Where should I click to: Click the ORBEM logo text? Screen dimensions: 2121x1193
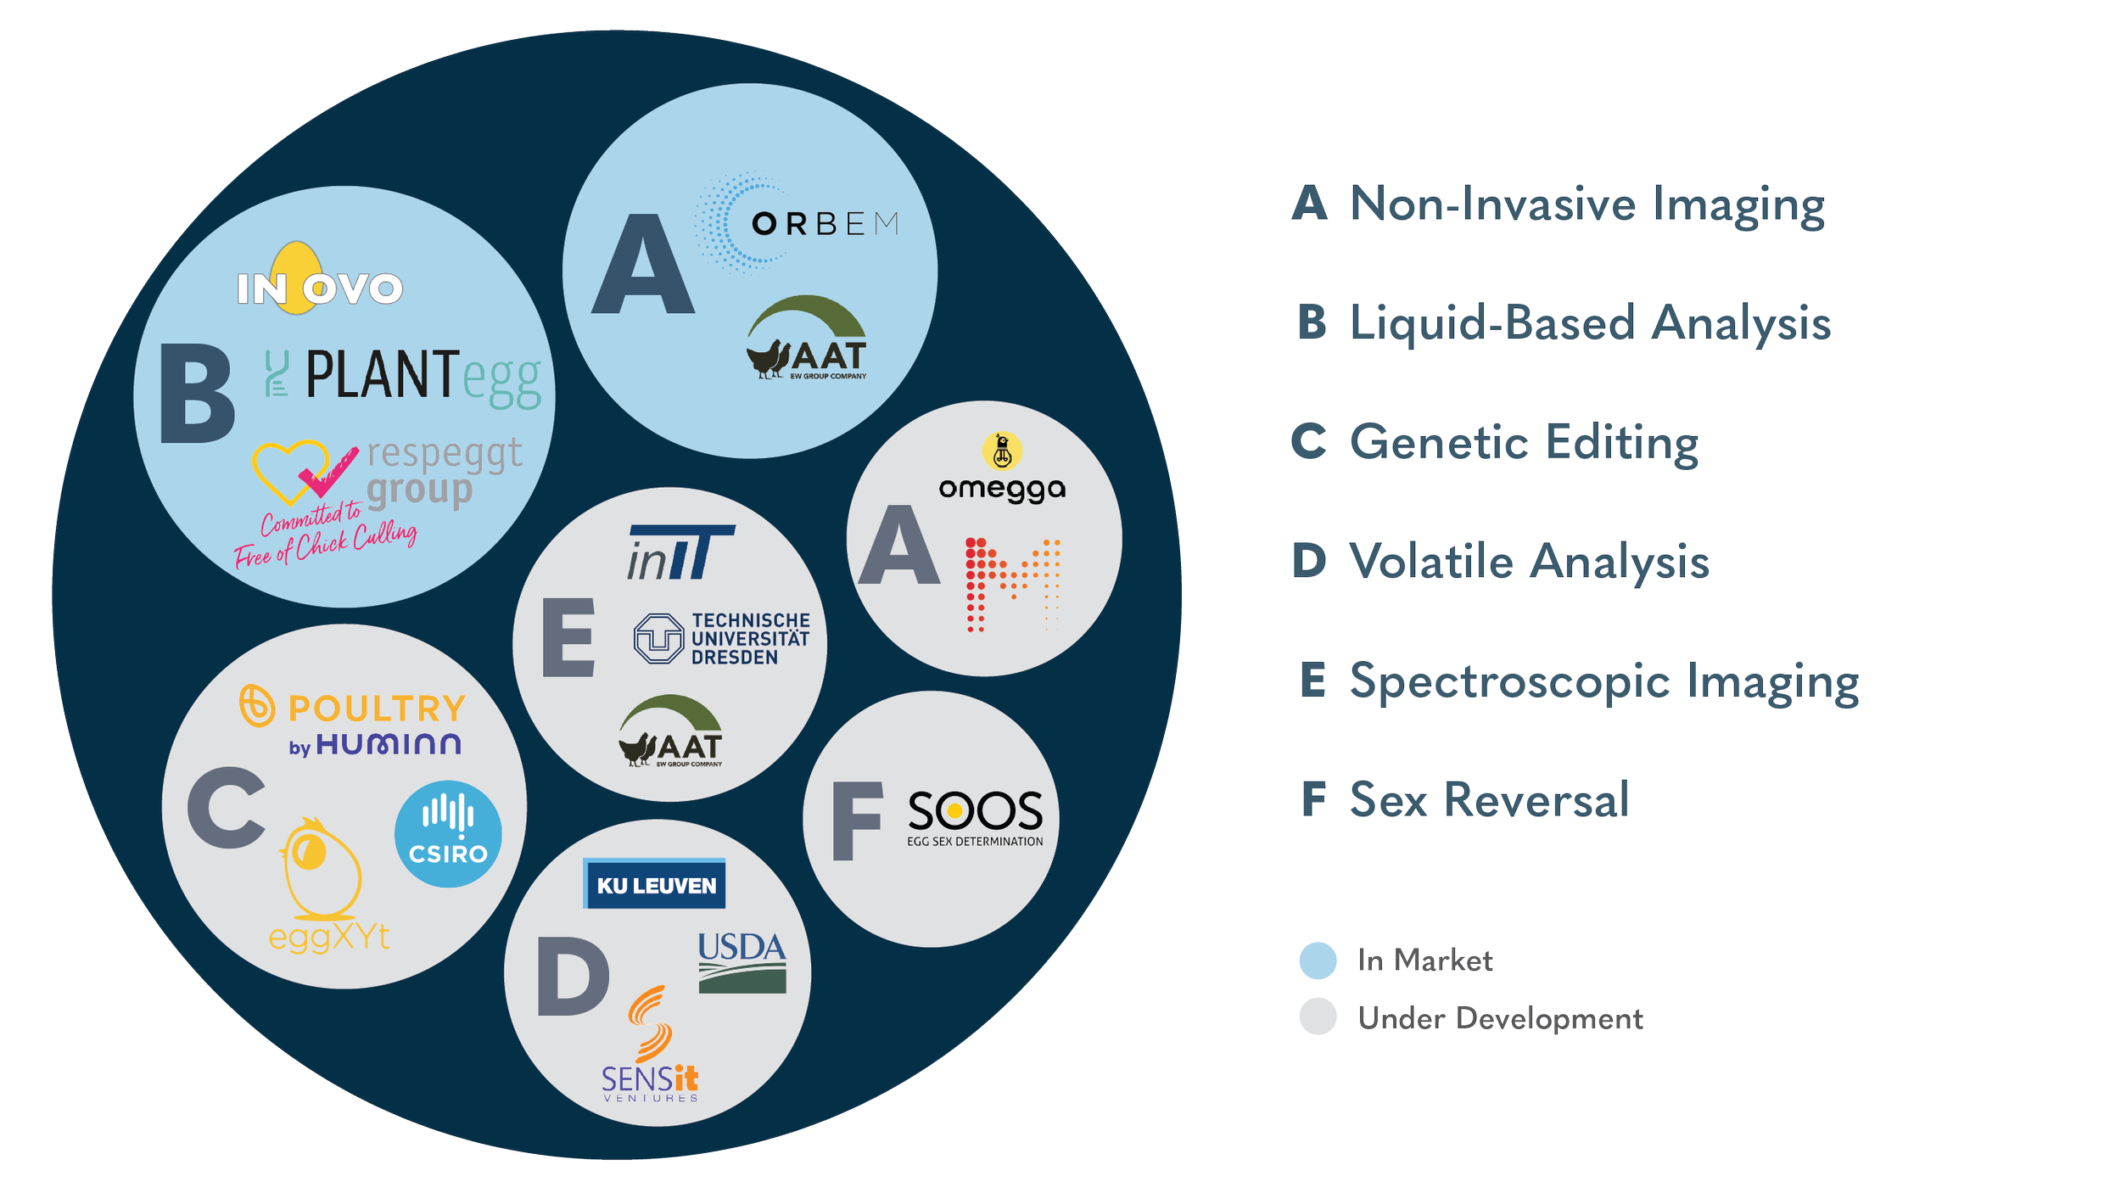[824, 224]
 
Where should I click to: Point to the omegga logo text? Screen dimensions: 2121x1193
[1001, 489]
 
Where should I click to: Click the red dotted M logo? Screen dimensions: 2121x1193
[1013, 584]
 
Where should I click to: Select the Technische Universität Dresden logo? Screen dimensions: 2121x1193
[722, 639]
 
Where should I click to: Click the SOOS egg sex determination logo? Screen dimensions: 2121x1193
[975, 818]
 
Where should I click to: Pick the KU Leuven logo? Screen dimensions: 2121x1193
[655, 885]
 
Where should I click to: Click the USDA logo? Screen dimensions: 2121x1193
[742, 962]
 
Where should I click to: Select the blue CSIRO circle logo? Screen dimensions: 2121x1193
[448, 834]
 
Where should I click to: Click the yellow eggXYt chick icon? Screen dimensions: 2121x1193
[321, 870]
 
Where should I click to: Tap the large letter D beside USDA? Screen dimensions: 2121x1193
[573, 977]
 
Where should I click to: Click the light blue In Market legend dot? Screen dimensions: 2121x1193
[1318, 961]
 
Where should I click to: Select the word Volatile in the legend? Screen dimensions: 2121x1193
[1430, 562]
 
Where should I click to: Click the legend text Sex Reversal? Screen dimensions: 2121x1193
[1489, 800]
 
